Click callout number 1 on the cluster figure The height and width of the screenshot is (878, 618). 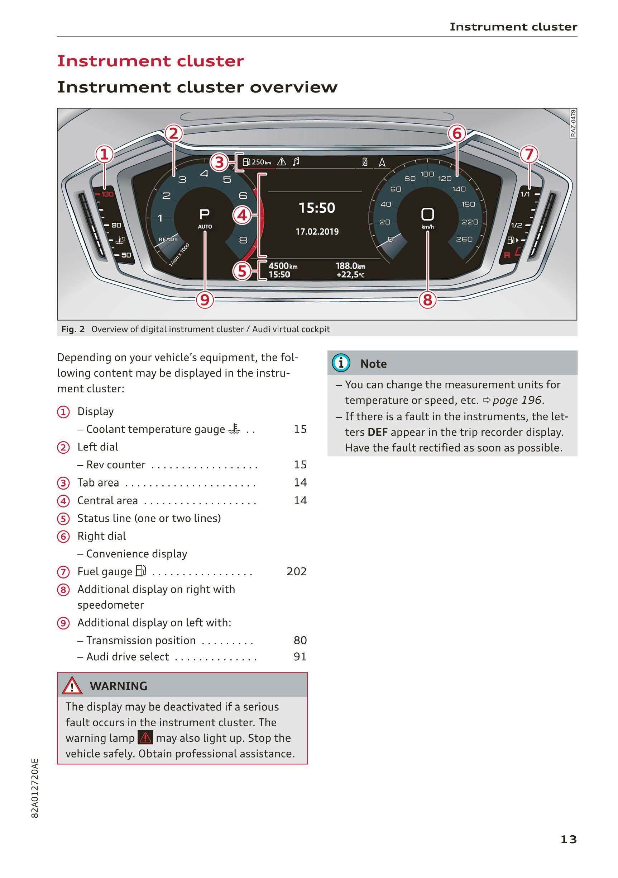point(104,155)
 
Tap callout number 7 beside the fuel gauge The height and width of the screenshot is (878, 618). point(529,155)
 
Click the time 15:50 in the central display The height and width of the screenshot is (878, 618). point(317,208)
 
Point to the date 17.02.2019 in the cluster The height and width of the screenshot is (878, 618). point(317,231)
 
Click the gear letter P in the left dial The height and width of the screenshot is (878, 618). point(205,214)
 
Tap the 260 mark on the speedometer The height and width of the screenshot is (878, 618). point(464,239)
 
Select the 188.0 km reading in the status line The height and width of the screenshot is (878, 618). point(350,266)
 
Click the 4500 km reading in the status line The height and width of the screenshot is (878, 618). point(283,266)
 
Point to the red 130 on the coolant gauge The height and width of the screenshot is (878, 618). point(107,194)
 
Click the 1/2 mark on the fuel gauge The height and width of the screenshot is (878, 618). point(516,225)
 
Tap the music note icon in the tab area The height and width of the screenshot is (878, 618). point(296,162)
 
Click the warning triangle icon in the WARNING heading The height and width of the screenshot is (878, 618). point(72,686)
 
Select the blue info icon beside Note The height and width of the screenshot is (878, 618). point(341,363)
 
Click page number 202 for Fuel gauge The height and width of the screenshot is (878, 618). point(296,571)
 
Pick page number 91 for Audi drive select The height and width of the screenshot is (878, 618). point(300,657)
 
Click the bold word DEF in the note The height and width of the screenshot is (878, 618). point(377,432)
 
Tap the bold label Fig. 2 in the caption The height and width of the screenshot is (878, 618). point(73,329)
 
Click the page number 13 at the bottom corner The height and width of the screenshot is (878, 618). point(568,839)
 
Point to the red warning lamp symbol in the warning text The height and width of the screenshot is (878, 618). point(145,737)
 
